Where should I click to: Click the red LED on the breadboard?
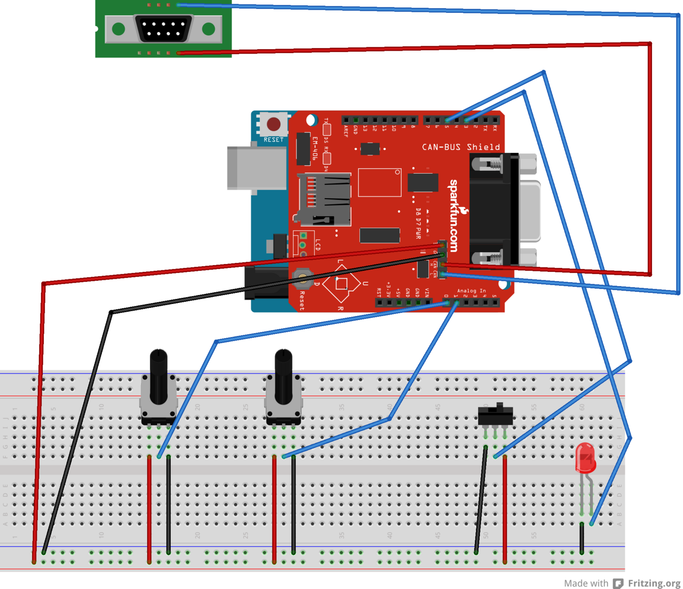tap(585, 458)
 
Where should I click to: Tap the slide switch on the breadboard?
tap(496, 415)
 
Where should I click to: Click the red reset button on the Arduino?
tap(273, 124)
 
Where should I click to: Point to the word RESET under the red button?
tap(273, 140)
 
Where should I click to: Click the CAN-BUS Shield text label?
tap(461, 147)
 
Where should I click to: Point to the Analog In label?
tap(471, 291)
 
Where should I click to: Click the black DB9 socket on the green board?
tap(163, 29)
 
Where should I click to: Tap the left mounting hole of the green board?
tap(119, 29)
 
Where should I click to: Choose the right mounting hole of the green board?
tap(208, 29)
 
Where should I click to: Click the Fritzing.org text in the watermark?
tap(654, 583)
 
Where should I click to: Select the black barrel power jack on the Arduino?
tap(266, 283)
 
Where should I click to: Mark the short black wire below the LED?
tap(582, 539)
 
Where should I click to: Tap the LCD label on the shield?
tap(318, 244)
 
